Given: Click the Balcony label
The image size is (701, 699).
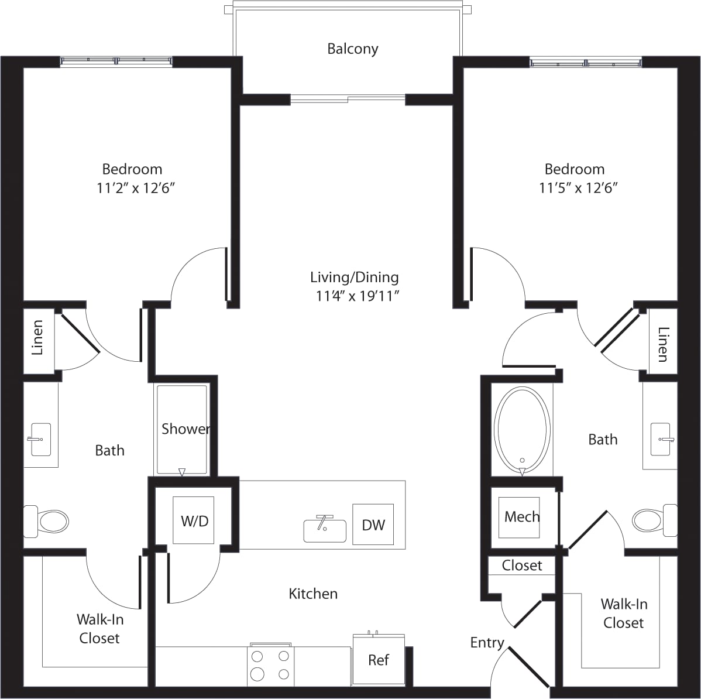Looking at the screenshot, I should click(x=352, y=49).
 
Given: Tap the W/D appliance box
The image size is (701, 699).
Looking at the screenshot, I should click(x=194, y=520).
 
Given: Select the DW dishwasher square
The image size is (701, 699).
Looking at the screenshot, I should click(x=373, y=525).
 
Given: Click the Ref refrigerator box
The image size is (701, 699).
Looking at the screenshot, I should click(x=379, y=660).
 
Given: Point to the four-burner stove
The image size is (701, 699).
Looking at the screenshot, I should click(x=270, y=665).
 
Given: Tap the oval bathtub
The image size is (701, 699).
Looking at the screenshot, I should click(x=522, y=431).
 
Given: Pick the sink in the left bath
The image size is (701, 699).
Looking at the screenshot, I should click(x=40, y=439).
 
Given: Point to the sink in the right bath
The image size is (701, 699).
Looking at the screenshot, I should click(x=661, y=439).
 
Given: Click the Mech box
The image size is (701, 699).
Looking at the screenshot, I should click(x=521, y=517).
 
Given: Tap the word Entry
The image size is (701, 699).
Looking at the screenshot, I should click(x=487, y=643).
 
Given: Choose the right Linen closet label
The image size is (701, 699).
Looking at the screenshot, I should click(x=663, y=344).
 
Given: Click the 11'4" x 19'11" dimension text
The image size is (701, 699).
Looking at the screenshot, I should click(x=357, y=296).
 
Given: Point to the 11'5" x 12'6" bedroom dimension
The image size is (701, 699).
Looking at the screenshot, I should click(x=579, y=188).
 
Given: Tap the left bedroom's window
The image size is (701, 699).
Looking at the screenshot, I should click(x=116, y=60).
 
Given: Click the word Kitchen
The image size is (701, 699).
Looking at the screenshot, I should click(x=313, y=594).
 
